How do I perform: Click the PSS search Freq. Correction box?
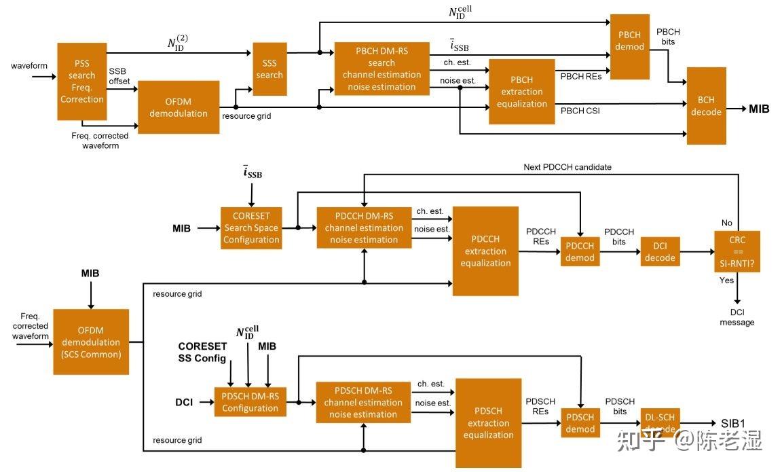81,81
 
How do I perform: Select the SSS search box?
269,69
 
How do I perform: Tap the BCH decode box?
706,106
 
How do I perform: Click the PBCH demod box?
629,46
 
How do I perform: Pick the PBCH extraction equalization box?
521,92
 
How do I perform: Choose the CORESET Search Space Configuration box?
251,228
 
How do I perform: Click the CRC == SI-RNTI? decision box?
737,251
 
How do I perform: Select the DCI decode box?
660,251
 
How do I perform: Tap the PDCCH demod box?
580,251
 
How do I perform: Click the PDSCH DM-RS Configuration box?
250,402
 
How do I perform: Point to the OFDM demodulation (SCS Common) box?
91,342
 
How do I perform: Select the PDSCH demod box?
580,423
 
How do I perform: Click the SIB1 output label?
732,424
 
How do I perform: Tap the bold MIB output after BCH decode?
758,109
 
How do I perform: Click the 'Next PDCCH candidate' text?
567,167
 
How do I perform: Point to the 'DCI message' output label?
737,317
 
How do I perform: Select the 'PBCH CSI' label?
580,111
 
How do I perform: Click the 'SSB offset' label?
119,76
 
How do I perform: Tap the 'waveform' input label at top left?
29,65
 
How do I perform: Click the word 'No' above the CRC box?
726,223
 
